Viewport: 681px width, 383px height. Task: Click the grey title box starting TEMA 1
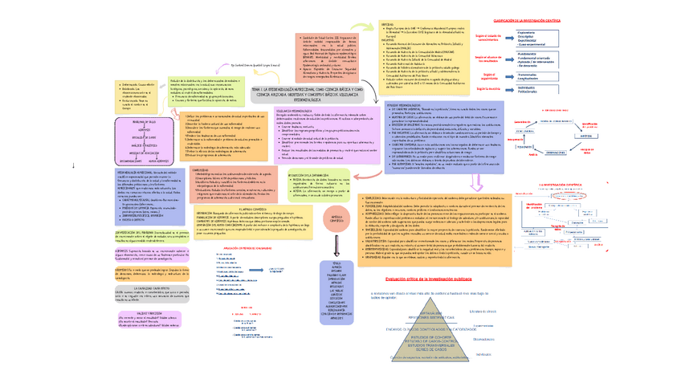(x=308, y=92)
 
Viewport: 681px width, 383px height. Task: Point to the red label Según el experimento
(x=487, y=75)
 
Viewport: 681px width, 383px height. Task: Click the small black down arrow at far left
(x=73, y=166)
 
